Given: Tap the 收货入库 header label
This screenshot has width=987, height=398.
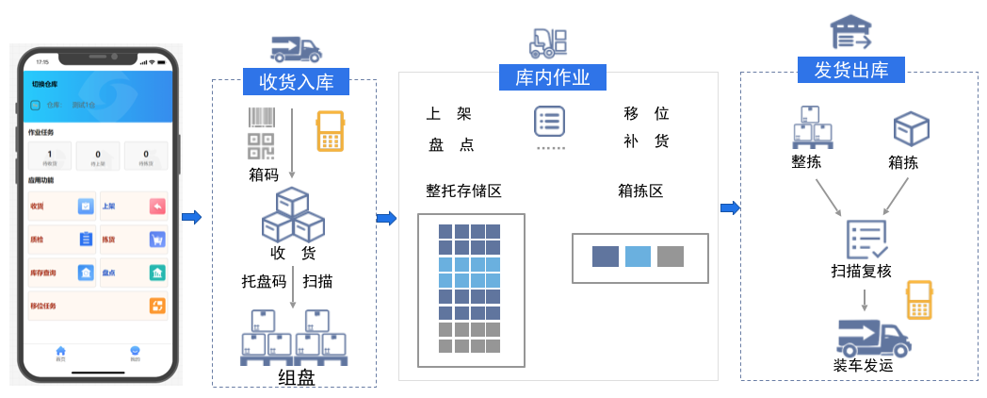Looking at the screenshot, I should click(x=296, y=81).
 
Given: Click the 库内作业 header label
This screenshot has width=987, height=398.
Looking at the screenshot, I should click(x=552, y=77).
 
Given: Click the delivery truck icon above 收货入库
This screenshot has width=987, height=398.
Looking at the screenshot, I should click(x=296, y=49).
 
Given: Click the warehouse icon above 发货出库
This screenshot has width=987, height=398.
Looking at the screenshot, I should click(x=850, y=33).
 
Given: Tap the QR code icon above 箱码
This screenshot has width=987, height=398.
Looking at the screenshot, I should click(x=262, y=147).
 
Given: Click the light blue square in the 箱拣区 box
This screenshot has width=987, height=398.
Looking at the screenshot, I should click(x=639, y=257).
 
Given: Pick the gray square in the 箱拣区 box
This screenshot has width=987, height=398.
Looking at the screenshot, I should click(x=671, y=257).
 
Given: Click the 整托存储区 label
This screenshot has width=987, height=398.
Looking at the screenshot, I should click(x=463, y=191).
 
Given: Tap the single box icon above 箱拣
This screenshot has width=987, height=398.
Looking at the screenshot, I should click(x=911, y=129).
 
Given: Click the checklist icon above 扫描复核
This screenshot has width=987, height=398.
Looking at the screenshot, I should click(x=866, y=240).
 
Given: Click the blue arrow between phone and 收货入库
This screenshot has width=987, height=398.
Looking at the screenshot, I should click(x=191, y=218).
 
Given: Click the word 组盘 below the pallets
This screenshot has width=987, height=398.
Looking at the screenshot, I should click(x=296, y=378).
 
